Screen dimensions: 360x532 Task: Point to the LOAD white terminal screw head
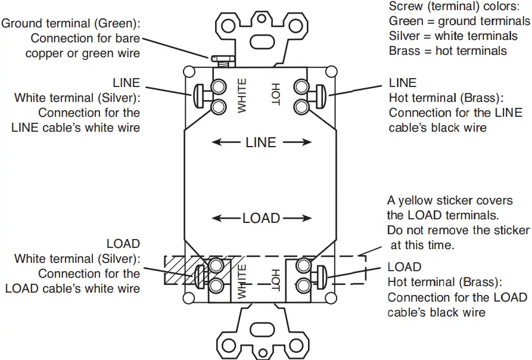[x=200, y=275]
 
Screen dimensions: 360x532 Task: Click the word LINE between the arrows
[x=261, y=142]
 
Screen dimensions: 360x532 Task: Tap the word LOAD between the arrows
[x=261, y=218]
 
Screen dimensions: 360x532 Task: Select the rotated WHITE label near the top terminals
[x=242, y=95]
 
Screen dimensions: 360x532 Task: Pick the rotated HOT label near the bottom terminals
[x=275, y=281]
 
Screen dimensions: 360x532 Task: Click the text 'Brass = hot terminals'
[x=448, y=51]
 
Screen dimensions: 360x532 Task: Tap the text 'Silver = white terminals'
[x=454, y=36]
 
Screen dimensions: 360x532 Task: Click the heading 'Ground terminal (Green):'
[x=74, y=24]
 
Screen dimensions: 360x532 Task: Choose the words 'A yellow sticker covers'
[x=450, y=201]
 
